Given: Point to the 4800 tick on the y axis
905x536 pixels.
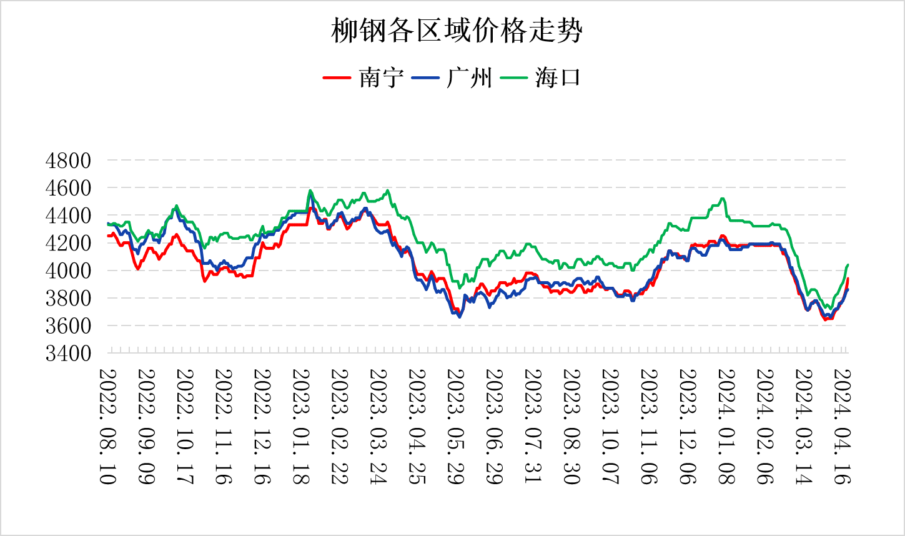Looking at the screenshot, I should point(68,161).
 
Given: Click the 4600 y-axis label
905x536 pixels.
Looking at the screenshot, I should point(68,188).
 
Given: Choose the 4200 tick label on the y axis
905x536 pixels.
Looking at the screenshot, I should point(68,243).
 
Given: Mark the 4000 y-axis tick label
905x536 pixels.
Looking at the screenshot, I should point(68,270).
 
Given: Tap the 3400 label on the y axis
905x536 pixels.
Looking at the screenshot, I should point(68,353).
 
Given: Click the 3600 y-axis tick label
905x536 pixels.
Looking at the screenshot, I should point(68,325).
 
